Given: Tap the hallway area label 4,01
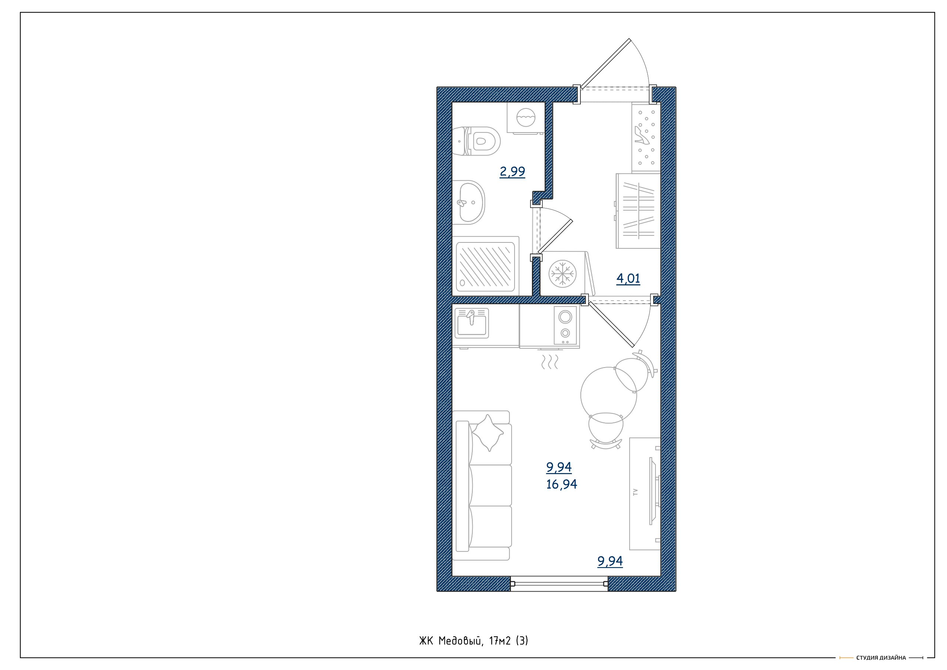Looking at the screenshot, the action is tap(628, 279).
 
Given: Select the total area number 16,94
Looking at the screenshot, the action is tap(561, 484).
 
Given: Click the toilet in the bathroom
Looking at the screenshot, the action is tap(476, 141).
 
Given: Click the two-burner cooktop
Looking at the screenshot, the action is tap(566, 325).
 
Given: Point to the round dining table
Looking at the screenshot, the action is tap(609, 395).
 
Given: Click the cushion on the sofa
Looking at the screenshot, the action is tap(488, 433).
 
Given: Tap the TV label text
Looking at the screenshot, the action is tap(636, 492).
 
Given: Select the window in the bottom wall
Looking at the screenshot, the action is tap(559, 584).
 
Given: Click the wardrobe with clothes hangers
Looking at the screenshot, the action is tap(638, 211).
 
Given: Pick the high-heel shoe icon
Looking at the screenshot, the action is tap(642, 135).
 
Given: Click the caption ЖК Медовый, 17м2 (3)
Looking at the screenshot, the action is tap(473, 641).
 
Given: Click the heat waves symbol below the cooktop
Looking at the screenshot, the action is tap(549, 362).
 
